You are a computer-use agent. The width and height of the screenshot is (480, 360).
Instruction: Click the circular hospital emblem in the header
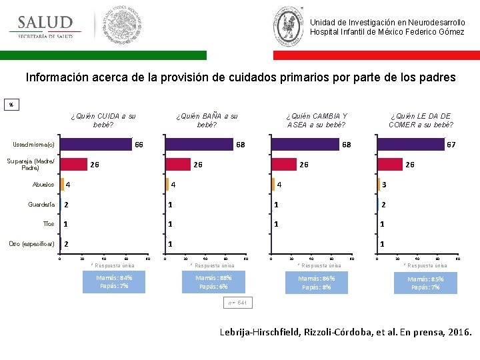[289, 26]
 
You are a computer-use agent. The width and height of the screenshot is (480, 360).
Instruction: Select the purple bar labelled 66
[96, 144]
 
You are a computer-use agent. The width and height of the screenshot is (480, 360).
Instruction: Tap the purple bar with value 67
[411, 144]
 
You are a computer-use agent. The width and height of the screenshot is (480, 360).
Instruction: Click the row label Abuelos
[43, 184]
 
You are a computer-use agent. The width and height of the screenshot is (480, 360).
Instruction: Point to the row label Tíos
[48, 224]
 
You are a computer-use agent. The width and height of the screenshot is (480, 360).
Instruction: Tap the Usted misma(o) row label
[34, 145]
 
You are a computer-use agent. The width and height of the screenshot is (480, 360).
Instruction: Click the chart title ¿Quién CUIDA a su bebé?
[103, 120]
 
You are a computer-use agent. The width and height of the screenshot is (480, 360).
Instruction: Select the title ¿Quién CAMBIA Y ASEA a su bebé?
[316, 120]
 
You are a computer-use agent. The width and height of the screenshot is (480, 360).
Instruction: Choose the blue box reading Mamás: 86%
[316, 283]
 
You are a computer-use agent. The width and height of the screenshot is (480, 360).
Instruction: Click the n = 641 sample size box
[237, 303]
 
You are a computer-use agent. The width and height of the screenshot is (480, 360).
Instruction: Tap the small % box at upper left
[11, 105]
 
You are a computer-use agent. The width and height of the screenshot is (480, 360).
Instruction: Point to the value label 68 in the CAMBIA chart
[346, 145]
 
